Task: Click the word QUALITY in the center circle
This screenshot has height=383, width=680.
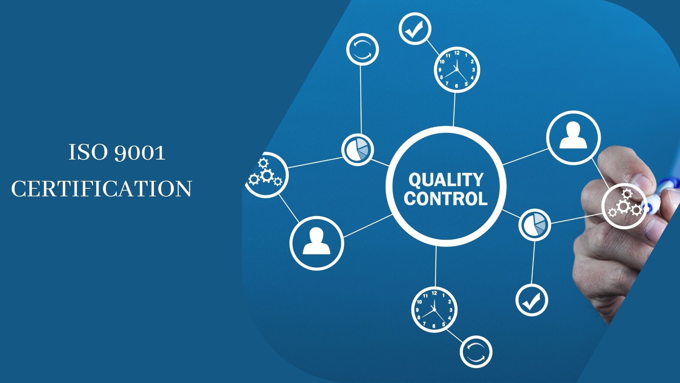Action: click(x=446, y=180)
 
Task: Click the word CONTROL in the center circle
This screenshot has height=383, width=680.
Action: click(x=446, y=198)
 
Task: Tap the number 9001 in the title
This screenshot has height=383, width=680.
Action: click(x=140, y=153)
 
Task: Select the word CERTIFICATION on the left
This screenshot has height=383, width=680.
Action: click(x=101, y=189)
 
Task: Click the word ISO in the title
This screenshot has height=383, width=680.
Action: click(x=88, y=152)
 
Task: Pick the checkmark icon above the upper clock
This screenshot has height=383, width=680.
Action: click(x=415, y=29)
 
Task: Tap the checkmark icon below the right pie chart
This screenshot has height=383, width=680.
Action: click(x=532, y=300)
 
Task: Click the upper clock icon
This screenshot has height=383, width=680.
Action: click(x=457, y=70)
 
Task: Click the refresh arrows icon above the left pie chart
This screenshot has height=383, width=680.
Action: click(x=362, y=49)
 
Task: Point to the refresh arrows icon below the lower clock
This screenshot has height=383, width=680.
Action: click(x=476, y=352)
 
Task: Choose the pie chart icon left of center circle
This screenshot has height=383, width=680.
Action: click(x=358, y=150)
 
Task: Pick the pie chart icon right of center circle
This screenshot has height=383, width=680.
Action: click(x=535, y=225)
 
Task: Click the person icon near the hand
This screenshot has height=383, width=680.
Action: click(x=573, y=138)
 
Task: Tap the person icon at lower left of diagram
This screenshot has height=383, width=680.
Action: click(x=317, y=243)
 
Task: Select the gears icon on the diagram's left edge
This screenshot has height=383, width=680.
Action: click(x=266, y=174)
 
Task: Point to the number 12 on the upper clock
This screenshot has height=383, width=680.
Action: click(x=457, y=53)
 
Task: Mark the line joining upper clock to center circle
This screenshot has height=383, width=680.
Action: click(x=454, y=109)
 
